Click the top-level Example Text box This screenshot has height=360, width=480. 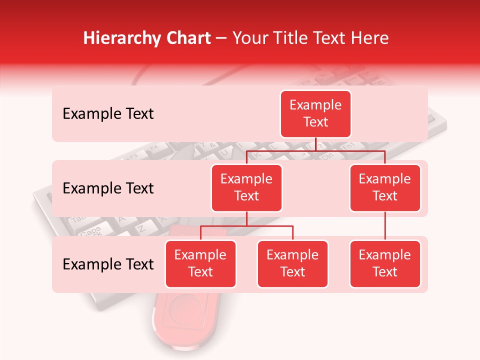coord(315,114)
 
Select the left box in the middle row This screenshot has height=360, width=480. coord(246,187)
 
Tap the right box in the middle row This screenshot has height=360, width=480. coord(385,187)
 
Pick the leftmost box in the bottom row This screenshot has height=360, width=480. coord(200,263)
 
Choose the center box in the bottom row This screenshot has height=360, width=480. coord(292,263)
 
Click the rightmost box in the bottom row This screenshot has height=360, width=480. coord(385,263)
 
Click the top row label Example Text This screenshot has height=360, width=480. coord(108,114)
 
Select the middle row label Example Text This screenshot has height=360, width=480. coord(108,188)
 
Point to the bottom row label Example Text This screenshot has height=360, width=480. coord(108,264)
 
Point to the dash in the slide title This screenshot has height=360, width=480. coord(220,39)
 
